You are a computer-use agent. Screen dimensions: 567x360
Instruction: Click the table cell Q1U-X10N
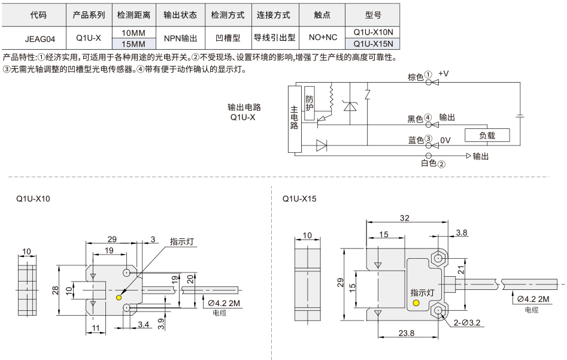click(x=373, y=32)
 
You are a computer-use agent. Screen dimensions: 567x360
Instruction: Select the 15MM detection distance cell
click(x=134, y=44)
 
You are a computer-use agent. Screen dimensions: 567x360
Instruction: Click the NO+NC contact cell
click(x=323, y=38)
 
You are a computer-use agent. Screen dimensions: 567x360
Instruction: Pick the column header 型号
click(x=373, y=15)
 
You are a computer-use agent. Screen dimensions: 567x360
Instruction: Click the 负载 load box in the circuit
click(x=487, y=135)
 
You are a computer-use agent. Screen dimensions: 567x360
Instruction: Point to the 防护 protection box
click(x=310, y=104)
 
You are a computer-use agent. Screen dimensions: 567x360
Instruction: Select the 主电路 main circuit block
click(x=295, y=119)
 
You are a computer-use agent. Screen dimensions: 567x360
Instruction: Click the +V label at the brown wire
click(x=443, y=74)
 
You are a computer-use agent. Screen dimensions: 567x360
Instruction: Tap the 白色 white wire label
click(x=429, y=164)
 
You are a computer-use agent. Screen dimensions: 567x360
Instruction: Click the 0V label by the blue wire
click(x=445, y=140)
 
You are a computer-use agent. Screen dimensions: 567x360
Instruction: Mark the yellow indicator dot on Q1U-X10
click(x=119, y=298)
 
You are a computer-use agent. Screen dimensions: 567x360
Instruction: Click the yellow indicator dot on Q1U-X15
click(x=416, y=302)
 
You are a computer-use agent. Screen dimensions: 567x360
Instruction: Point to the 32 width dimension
click(x=405, y=218)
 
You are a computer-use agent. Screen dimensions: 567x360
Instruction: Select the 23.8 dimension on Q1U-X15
click(x=407, y=333)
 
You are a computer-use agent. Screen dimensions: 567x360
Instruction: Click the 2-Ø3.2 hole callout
click(x=467, y=323)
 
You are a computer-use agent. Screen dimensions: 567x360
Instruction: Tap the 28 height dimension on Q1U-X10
click(x=55, y=290)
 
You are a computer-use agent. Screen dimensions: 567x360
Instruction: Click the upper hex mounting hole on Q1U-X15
click(x=439, y=258)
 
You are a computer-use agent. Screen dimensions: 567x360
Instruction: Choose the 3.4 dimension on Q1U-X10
click(x=143, y=325)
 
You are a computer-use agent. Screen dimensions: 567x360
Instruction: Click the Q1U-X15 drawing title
click(x=299, y=199)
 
